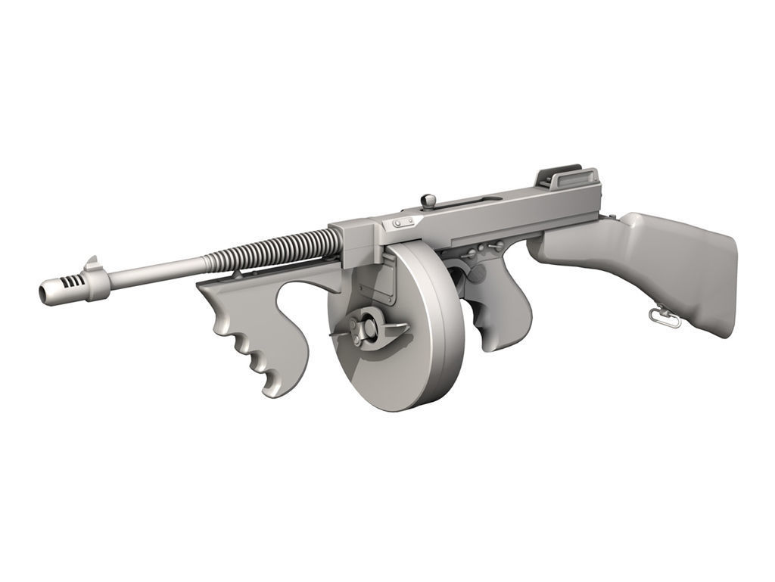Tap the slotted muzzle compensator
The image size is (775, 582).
72,286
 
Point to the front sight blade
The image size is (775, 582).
92,263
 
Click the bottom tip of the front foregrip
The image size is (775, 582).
272,390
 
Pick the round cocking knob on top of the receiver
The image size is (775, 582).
429,201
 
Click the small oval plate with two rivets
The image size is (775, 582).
401,223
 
